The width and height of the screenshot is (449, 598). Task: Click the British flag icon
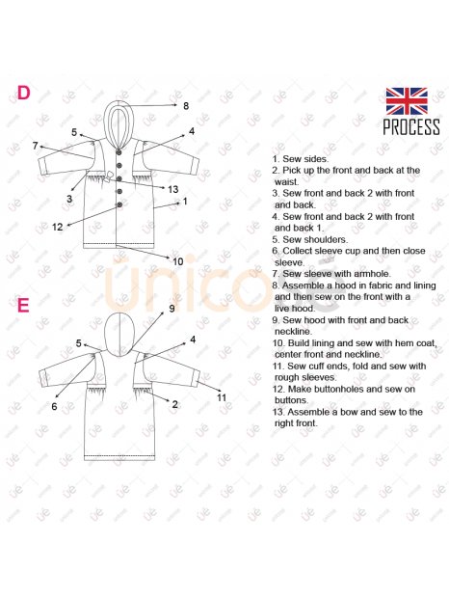point(407,101)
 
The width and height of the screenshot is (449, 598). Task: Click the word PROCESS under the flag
point(411,127)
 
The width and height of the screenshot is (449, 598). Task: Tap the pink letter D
point(23,93)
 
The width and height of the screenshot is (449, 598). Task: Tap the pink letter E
point(23,305)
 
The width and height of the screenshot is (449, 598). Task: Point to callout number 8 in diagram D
point(186,106)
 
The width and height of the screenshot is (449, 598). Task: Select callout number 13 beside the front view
point(172,189)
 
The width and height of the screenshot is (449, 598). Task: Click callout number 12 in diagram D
point(57,227)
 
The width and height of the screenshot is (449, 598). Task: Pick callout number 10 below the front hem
point(178,261)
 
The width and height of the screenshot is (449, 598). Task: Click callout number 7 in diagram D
point(35,146)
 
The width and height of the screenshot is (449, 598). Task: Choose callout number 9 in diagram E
point(172,308)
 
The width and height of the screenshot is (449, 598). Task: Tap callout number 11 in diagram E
point(222,397)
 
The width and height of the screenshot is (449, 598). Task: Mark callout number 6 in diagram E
point(54,407)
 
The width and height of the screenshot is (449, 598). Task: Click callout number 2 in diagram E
point(174,404)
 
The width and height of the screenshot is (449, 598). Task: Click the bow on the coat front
point(110,176)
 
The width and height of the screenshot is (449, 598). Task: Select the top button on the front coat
point(119,152)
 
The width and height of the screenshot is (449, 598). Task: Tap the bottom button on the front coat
point(119,204)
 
